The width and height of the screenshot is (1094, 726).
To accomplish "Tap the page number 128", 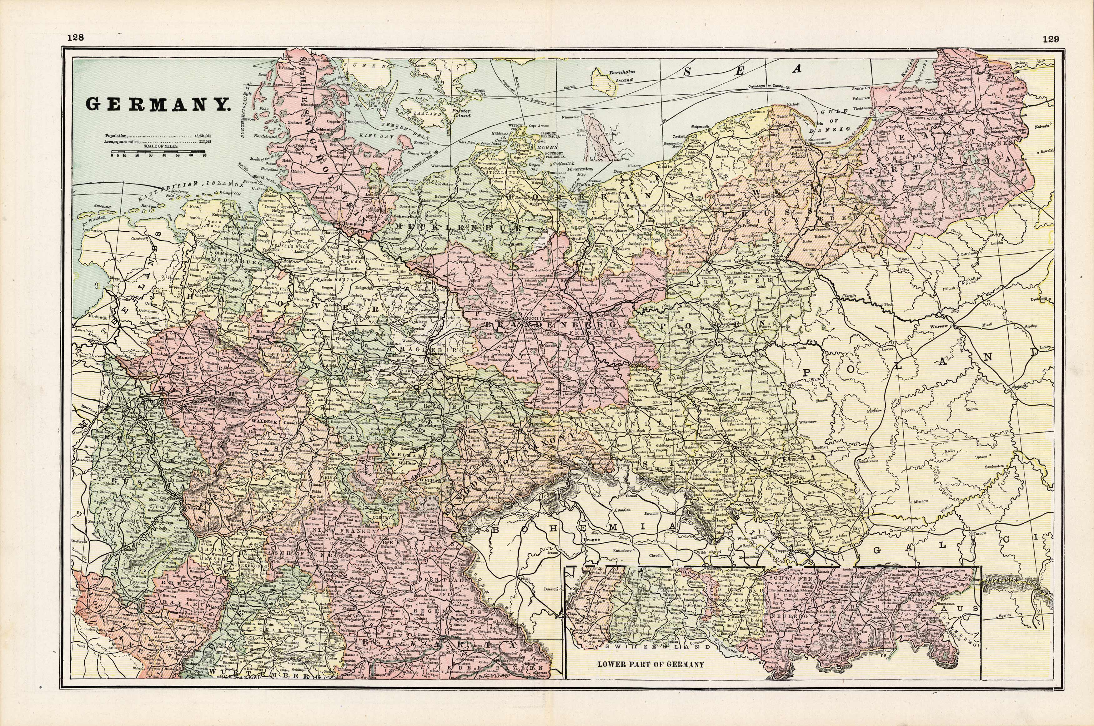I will pos(75,38).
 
